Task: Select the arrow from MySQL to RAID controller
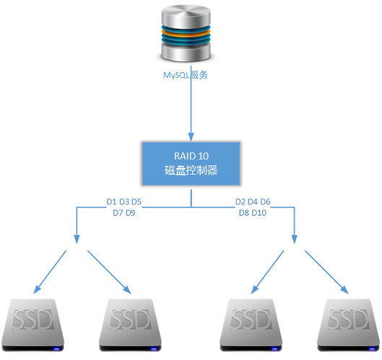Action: pyautogui.click(x=191, y=108)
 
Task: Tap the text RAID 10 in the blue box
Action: pyautogui.click(x=190, y=155)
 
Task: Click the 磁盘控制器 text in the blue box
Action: pyautogui.click(x=191, y=172)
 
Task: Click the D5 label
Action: pyautogui.click(x=136, y=201)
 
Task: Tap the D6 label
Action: pyautogui.click(x=265, y=201)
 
